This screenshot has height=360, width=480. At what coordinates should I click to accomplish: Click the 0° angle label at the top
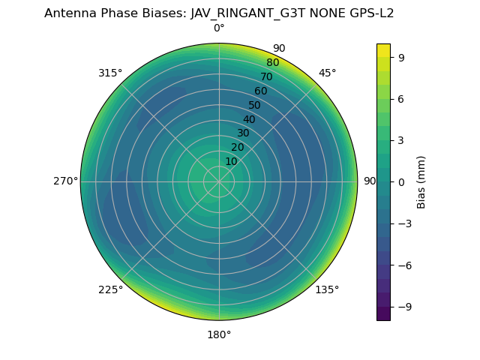tap(219, 28)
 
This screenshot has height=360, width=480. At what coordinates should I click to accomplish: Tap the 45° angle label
tap(327, 73)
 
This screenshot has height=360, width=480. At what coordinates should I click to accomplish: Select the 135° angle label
tap(327, 289)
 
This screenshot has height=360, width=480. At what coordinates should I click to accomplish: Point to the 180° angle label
tap(219, 334)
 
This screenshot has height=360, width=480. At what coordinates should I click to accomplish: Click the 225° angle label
tap(110, 289)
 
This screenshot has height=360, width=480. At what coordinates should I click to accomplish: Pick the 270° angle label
tap(65, 181)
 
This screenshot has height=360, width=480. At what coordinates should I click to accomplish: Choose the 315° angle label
tap(110, 73)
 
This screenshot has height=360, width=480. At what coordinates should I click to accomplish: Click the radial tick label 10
tap(231, 161)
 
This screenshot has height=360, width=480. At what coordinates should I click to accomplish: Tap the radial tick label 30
tap(243, 133)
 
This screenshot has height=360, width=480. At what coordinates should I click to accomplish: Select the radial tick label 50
tap(255, 105)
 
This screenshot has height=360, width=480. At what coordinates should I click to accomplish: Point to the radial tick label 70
tap(266, 76)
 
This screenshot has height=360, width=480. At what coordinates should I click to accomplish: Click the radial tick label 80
tap(272, 63)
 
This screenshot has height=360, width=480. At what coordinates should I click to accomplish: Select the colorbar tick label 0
tap(401, 182)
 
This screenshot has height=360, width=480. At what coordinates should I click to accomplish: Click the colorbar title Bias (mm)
tap(421, 182)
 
